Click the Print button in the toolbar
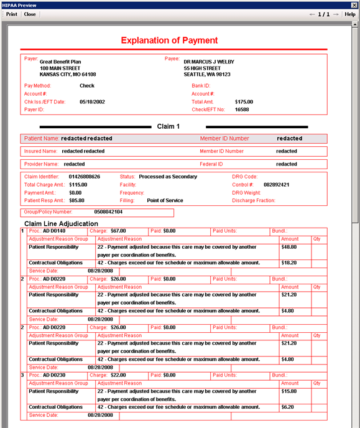pos(11,14)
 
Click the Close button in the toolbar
pos(30,14)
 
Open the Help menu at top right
pos(350,14)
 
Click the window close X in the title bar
pos(354,5)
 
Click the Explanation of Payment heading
pos(169,40)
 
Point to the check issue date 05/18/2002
pos(92,101)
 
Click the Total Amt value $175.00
pos(244,101)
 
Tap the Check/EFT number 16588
pos(242,109)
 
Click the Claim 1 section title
pos(168,126)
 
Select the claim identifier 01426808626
pos(84,177)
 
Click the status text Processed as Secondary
pos(167,177)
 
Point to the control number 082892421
pos(276,185)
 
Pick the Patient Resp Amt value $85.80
pos(76,201)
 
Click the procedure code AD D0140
pos(54,231)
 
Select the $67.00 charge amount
pos(118,231)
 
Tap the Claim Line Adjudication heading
pos(61,223)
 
